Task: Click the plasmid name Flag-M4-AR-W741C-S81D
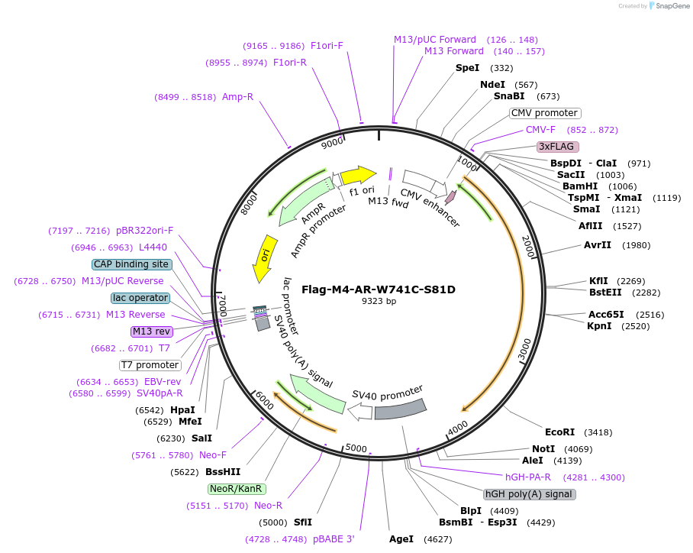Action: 379,289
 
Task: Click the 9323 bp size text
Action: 379,301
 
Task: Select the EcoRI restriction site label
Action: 559,432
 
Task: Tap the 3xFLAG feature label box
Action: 558,146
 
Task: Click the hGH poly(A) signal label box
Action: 530,493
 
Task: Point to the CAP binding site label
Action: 131,264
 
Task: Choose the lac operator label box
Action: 140,297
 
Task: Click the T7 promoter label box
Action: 150,364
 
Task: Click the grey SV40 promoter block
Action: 399,409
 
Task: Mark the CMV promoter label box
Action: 545,113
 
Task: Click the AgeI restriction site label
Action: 401,539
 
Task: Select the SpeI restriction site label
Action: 467,68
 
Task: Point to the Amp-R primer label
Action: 237,97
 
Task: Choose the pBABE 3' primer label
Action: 334,539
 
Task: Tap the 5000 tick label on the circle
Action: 356,448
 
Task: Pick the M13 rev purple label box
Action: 152,331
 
